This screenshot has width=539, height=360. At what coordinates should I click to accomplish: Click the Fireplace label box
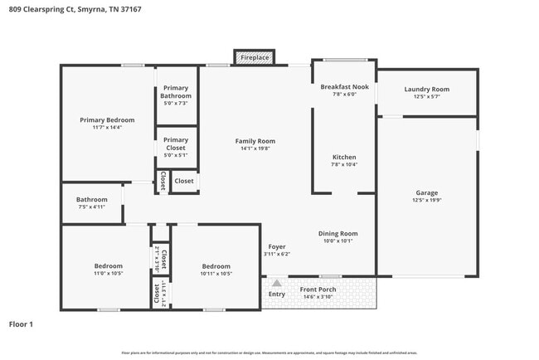[x=255, y=57]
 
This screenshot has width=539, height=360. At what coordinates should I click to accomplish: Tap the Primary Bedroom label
[x=107, y=120]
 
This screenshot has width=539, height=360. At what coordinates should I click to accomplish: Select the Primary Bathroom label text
[x=176, y=92]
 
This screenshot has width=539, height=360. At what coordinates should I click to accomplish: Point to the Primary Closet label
[x=176, y=144]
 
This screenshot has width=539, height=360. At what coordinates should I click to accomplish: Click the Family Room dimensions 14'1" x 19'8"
[x=255, y=150]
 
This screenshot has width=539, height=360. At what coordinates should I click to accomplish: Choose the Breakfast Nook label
[x=344, y=87]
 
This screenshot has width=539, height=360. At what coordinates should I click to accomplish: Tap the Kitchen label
[x=344, y=157]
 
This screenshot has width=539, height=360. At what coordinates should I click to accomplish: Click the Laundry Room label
[x=426, y=90]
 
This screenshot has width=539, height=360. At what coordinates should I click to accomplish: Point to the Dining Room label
[x=337, y=233]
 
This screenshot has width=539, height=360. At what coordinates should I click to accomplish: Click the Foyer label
[x=276, y=246]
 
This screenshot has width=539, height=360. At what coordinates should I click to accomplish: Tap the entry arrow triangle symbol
[x=276, y=283]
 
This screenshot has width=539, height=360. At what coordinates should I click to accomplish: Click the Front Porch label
[x=318, y=289]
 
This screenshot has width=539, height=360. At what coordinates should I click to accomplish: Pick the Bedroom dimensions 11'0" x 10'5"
[x=108, y=273]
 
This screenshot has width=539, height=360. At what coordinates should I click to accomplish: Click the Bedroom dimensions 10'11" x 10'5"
[x=216, y=273]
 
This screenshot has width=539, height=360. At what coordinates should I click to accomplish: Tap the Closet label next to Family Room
[x=184, y=181]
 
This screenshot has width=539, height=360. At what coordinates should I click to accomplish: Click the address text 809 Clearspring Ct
[x=37, y=10]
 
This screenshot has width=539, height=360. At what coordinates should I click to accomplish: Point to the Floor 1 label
[x=21, y=324]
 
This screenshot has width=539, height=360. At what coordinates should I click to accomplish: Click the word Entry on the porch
[x=277, y=294]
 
